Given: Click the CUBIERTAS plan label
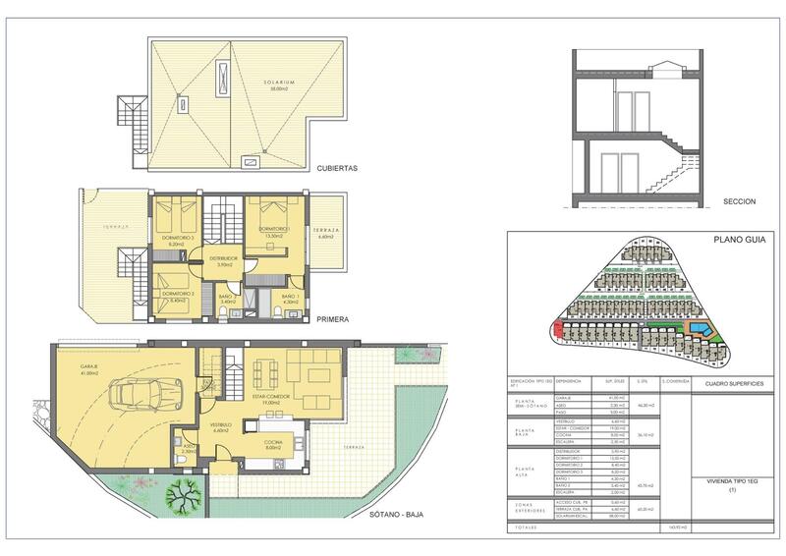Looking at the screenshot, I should [x=337, y=168].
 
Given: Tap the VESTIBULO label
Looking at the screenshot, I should [x=220, y=424].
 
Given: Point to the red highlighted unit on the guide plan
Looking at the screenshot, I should [x=558, y=329].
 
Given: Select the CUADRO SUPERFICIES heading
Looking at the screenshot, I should [x=724, y=384].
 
